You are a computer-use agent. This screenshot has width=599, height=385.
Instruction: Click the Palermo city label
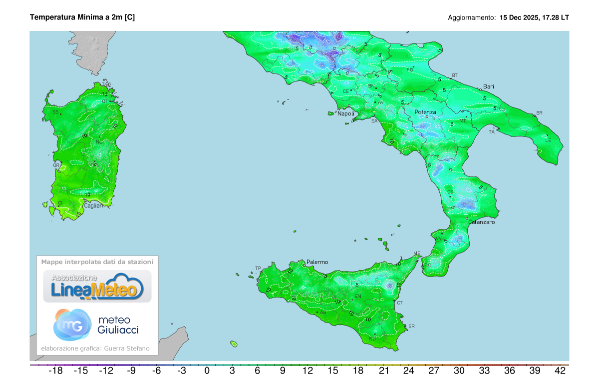[x=317, y=262]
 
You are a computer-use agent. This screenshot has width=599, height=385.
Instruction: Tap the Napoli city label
[x=346, y=113]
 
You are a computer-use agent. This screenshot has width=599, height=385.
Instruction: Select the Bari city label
[x=488, y=86]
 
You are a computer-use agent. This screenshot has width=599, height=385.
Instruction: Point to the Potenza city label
[x=425, y=112]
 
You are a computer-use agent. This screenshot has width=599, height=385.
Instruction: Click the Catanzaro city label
[x=482, y=222]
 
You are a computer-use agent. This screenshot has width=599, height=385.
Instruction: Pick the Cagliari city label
[x=93, y=205]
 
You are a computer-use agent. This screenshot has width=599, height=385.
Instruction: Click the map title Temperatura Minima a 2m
[x=82, y=17]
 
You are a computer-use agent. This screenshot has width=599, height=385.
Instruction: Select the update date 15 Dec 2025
[x=519, y=17]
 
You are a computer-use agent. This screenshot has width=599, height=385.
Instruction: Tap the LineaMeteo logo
[x=97, y=286]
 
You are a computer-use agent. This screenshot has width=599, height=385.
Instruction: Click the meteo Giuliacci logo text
[x=118, y=324]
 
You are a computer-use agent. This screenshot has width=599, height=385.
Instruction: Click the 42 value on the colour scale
[x=560, y=371]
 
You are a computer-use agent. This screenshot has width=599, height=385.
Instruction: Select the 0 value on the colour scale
[x=207, y=371]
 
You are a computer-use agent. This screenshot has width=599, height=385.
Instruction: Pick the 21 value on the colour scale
[x=383, y=371]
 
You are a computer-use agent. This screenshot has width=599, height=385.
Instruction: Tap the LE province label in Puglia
[x=548, y=140]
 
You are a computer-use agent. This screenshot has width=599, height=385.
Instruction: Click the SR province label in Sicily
[x=411, y=326]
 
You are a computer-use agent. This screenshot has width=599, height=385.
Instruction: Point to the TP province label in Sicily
[x=258, y=268]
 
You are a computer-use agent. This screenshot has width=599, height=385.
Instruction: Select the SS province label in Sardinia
[x=55, y=111]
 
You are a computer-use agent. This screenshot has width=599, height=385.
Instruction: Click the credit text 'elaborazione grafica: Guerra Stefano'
[x=95, y=348]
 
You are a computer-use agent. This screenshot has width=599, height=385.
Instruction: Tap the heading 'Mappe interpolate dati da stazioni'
[x=97, y=261]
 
